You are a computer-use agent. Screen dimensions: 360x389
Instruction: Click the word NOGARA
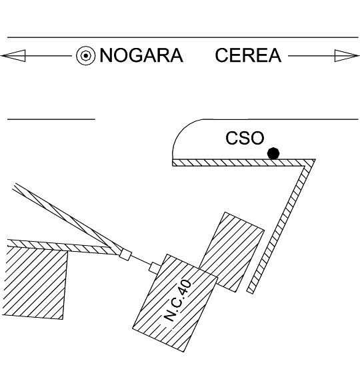click(141, 55)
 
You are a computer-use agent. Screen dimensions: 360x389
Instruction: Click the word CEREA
click(248, 55)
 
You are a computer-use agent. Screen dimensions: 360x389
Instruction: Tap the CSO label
click(245, 138)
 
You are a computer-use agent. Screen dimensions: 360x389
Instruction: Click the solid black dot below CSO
click(273, 154)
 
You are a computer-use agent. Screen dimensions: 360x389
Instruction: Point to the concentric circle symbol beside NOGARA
click(85, 56)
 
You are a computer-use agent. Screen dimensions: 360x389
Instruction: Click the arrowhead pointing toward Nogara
click(13, 56)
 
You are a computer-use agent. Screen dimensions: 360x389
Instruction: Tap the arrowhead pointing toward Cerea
click(347, 56)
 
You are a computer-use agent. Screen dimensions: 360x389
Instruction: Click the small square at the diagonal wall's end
click(125, 255)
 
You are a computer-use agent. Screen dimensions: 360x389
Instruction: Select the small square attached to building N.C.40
click(155, 268)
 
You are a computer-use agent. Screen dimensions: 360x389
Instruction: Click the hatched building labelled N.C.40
click(175, 302)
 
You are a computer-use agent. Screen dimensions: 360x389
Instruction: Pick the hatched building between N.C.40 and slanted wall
click(231, 252)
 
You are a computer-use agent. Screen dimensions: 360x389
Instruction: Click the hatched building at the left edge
click(35, 283)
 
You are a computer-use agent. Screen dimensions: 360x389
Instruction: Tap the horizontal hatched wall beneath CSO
click(239, 163)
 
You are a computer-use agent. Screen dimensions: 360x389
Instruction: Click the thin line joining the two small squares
click(140, 262)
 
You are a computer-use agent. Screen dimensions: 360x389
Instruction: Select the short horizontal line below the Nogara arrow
click(51, 119)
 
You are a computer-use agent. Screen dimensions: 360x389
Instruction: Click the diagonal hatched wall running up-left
click(67, 218)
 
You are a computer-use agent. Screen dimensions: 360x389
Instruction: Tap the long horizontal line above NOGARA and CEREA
click(183, 37)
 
